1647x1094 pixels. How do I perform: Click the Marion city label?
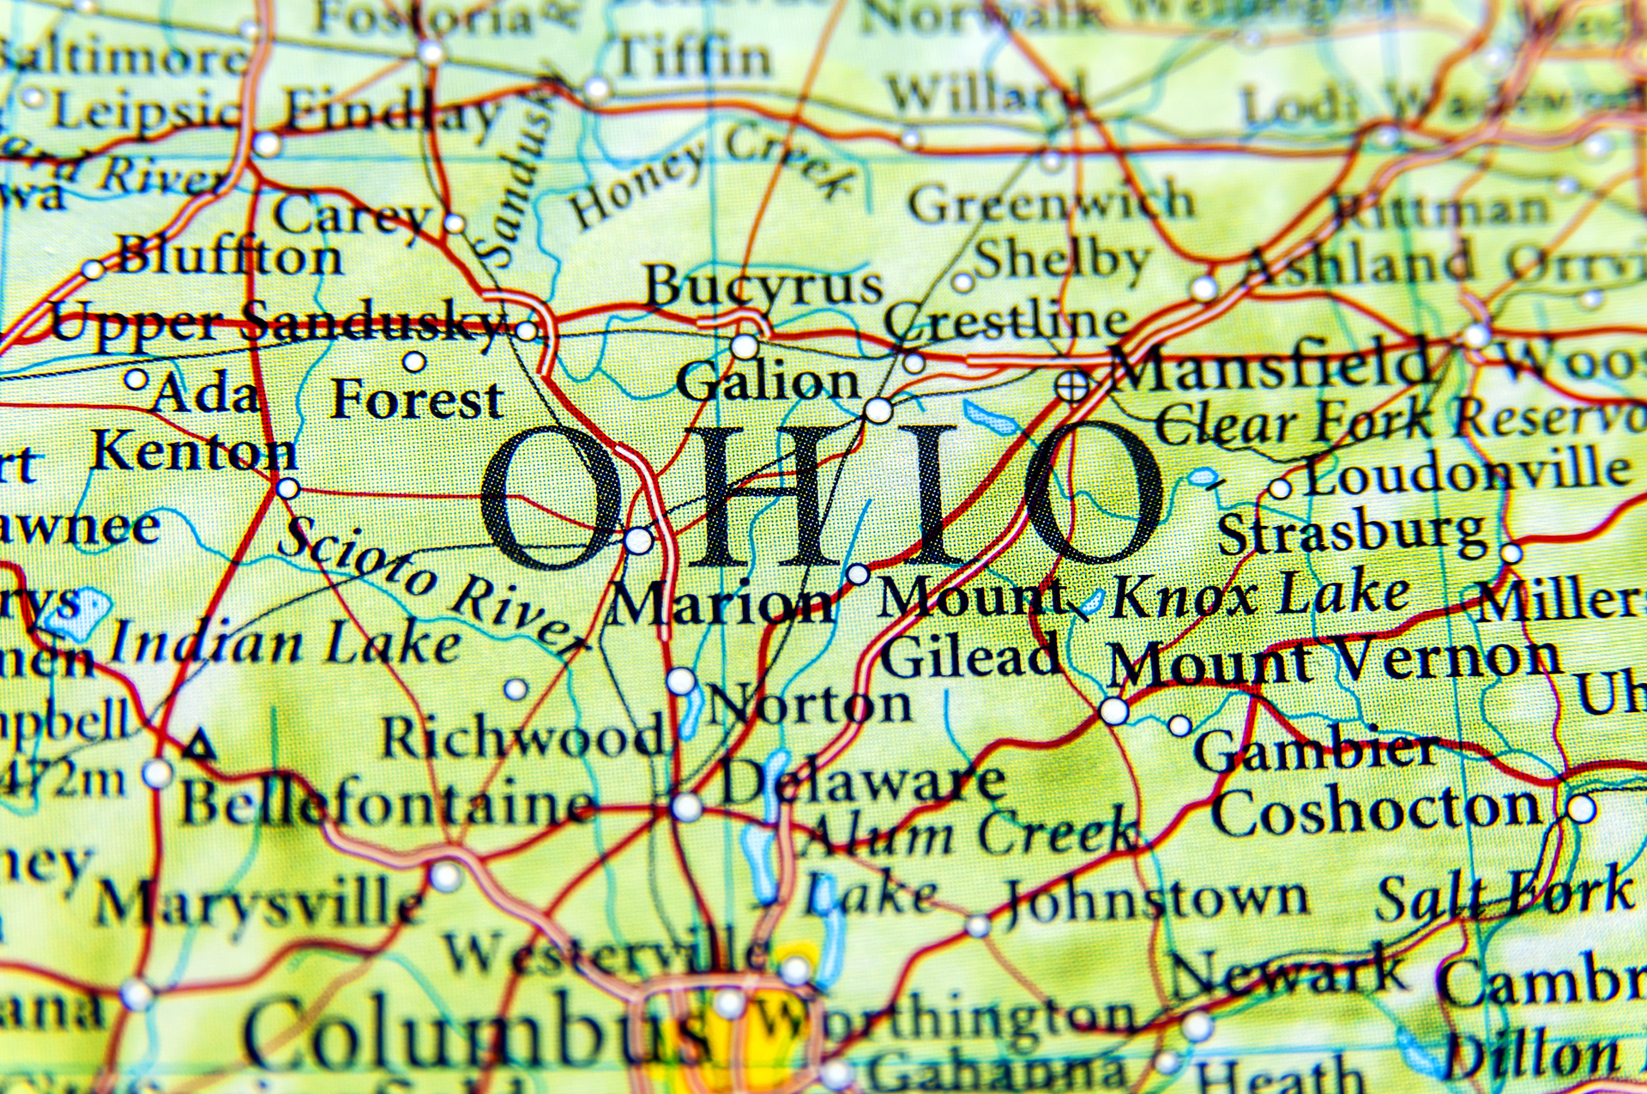pyautogui.click(x=721, y=603)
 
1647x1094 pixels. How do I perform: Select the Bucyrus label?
pyautogui.click(x=763, y=285)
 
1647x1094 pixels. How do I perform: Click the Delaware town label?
pyautogui.click(x=862, y=782)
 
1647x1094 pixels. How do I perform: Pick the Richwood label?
pyautogui.click(x=522, y=736)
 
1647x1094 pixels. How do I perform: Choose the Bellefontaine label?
pyautogui.click(x=386, y=805)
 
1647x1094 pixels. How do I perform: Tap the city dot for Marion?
pyautogui.click(x=638, y=541)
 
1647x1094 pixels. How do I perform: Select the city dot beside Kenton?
pyautogui.click(x=288, y=489)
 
